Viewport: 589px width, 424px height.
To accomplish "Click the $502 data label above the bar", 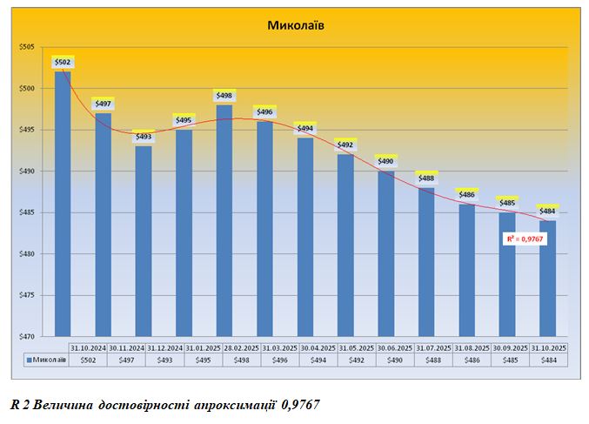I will point(64,62).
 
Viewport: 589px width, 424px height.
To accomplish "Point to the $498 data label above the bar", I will point(224,96).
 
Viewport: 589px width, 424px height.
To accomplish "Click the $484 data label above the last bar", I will point(546,212).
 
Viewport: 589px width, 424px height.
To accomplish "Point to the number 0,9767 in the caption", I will point(301,404).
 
